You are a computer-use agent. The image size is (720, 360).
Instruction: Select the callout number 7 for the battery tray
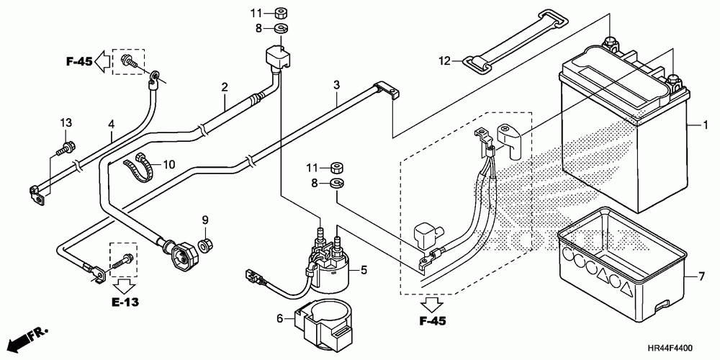[x=701, y=277]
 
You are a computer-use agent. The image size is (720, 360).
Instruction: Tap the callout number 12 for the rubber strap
[x=446, y=60]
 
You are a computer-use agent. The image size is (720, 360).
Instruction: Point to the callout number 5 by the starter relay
[x=364, y=270]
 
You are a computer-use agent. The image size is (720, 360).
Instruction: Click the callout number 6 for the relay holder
[x=281, y=318]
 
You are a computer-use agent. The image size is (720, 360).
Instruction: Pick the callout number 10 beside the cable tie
[x=169, y=164]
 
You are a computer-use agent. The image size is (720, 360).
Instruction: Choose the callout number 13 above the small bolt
[x=66, y=122]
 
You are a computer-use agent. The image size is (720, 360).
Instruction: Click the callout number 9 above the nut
[x=205, y=220]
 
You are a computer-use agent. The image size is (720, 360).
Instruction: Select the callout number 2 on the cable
[x=225, y=87]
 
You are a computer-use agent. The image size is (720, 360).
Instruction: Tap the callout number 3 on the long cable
[x=336, y=85]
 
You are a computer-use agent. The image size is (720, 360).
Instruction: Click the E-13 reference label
[x=125, y=302]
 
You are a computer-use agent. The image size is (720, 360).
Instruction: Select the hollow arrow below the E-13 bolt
[x=124, y=286]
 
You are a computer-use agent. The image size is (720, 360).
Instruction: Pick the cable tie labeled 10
[x=138, y=168]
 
